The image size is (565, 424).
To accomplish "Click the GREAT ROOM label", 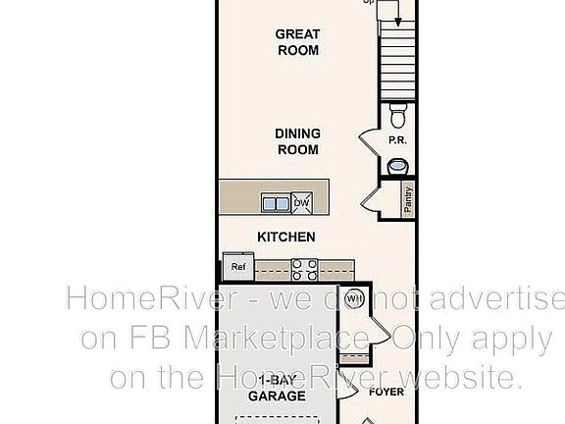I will coord(297,41).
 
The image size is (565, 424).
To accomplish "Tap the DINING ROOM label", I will coord(296,142).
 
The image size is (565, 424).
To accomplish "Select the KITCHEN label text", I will coord(285,237).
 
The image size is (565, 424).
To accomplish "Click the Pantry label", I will coord(407,199).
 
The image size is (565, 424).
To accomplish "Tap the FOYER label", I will coord(386,392).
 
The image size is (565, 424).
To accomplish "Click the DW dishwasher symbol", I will coord(301,203).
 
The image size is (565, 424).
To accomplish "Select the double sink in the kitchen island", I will coord(276,204).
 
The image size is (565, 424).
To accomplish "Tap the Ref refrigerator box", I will coord(238,266).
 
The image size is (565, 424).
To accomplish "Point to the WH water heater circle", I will coord(354,298).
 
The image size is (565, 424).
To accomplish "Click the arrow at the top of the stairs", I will coord(398,15).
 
